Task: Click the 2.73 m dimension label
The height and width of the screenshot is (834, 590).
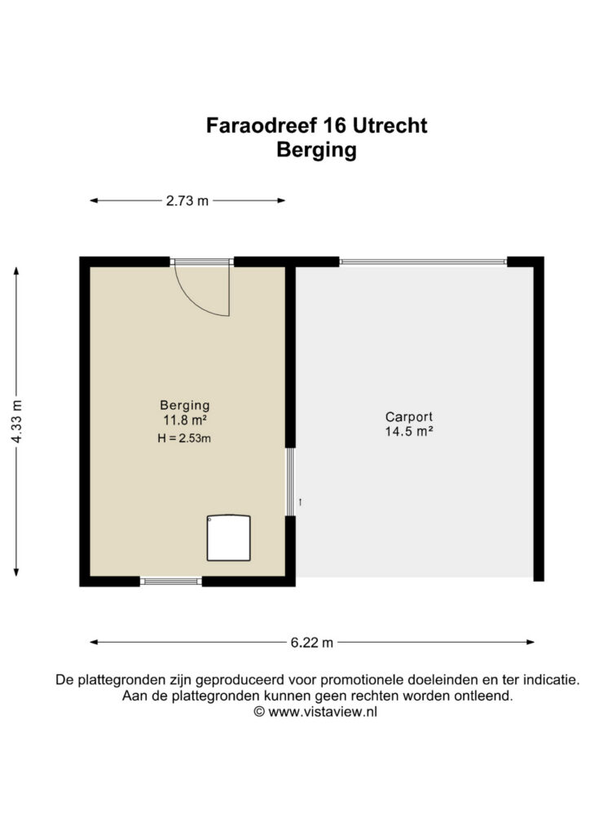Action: coord(187,201)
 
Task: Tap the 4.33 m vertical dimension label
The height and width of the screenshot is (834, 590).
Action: coord(16,421)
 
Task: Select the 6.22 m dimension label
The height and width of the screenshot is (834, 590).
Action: coord(312,643)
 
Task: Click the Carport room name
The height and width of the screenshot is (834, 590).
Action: coord(408,417)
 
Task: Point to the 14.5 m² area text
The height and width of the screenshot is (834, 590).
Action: coord(408,432)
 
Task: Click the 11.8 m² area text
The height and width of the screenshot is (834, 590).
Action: coord(185,420)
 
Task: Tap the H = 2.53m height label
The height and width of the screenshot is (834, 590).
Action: coord(184,438)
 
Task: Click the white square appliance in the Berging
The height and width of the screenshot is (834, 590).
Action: coord(229,538)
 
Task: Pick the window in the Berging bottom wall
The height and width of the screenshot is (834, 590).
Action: coord(171,582)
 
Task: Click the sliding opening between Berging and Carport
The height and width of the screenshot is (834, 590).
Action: coord(290,482)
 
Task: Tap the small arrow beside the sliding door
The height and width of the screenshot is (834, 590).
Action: coord(301,502)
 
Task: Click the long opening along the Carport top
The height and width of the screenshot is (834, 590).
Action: coord(423,261)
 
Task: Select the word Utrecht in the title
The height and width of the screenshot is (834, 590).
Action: coord(390,125)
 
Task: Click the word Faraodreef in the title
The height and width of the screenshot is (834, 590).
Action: coord(261,125)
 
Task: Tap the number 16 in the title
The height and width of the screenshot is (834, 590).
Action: coord(333,125)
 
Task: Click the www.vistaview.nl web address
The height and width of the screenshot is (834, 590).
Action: coord(323,712)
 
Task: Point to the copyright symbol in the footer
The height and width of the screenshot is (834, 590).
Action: coord(259,712)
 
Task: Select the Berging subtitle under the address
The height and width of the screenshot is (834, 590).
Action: coord(316,150)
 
